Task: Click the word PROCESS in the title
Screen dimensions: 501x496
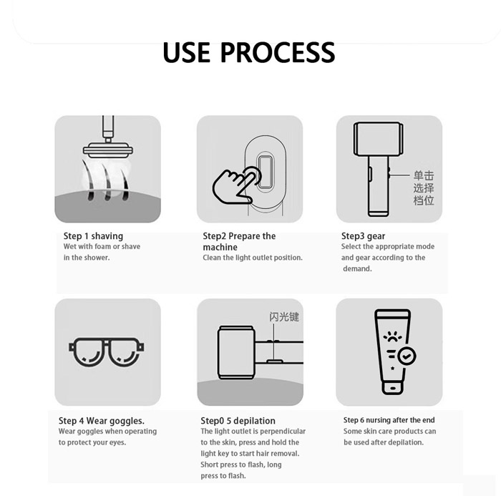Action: click(x=278, y=52)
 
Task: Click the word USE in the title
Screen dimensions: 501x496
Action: click(x=187, y=52)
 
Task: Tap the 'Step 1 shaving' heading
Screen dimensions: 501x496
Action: click(x=93, y=236)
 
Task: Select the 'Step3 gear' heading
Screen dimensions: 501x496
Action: click(x=363, y=236)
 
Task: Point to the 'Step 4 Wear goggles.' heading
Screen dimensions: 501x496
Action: click(x=102, y=421)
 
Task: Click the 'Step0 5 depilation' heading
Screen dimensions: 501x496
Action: click(x=238, y=421)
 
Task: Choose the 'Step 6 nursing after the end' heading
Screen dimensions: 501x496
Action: click(x=389, y=420)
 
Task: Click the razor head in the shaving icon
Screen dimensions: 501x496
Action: click(x=108, y=150)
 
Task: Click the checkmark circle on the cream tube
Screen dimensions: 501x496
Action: click(x=406, y=356)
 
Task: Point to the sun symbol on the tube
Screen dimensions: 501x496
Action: click(x=392, y=337)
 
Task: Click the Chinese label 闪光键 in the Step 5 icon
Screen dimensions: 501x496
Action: click(x=284, y=317)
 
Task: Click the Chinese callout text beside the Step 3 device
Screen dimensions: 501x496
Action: click(x=424, y=188)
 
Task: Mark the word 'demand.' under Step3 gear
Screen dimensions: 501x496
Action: click(x=357, y=269)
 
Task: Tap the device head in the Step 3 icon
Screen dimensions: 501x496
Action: click(x=379, y=139)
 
